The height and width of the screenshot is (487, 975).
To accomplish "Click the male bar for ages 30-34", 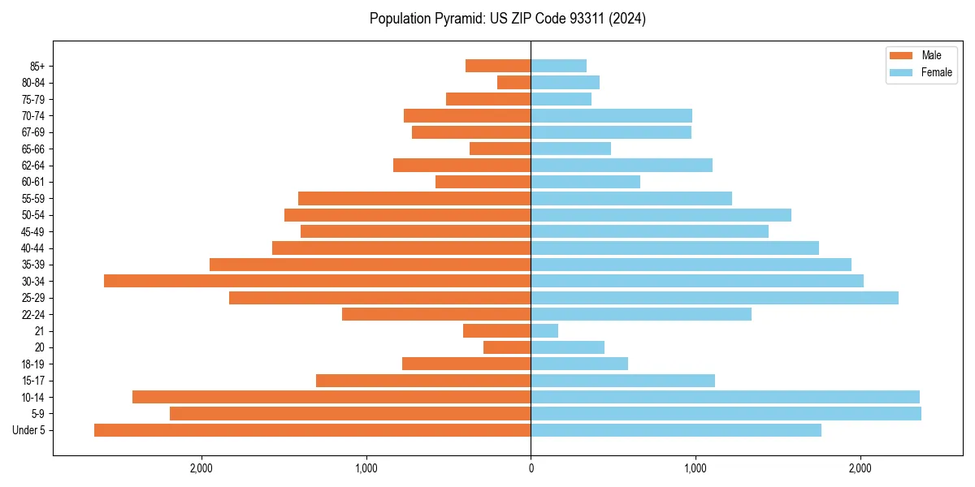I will point(317,281).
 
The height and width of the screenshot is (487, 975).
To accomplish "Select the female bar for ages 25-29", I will point(714,298).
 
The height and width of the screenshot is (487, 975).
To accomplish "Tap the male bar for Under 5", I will point(312,430).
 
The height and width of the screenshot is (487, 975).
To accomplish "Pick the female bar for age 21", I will point(544,331).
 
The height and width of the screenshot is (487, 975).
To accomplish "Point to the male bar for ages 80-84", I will point(513,83).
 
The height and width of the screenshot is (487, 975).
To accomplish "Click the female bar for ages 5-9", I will point(726,414).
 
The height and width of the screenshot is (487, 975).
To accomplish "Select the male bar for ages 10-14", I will point(331,397).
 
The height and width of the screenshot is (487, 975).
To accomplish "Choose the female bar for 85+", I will point(558,66).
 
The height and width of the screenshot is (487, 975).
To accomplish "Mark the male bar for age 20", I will point(507,347).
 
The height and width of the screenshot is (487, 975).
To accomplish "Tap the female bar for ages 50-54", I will point(661,215).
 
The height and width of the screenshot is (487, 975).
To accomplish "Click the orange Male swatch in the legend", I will point(901,55).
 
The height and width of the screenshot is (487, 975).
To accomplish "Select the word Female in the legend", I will point(936,72).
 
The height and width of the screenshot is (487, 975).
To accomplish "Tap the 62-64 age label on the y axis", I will point(33,166).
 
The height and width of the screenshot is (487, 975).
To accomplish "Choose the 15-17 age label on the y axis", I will point(33,381).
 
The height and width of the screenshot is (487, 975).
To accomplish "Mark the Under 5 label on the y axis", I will point(29,430).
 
